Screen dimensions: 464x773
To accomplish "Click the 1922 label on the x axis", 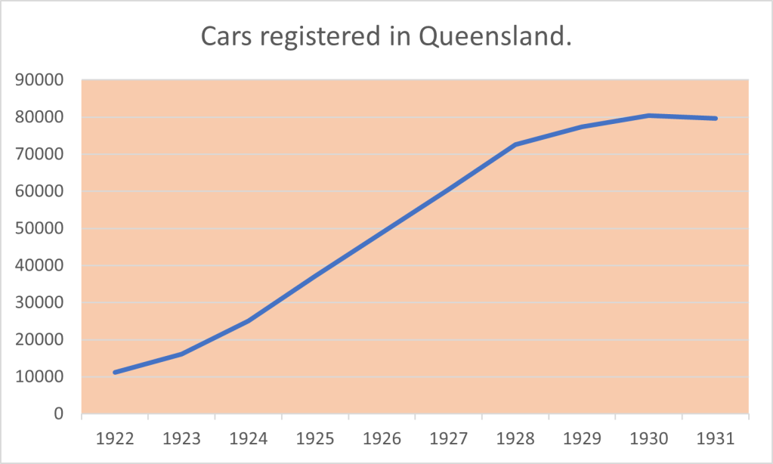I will point(115,438).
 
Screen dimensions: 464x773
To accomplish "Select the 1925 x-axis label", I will point(315,438).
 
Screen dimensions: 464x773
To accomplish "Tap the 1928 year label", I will point(515,438).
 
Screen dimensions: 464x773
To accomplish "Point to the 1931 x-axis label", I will point(716,438).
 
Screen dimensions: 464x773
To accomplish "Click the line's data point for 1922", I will point(115,373).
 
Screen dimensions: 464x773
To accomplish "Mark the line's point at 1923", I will point(181,354).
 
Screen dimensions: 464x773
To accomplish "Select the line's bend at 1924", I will point(249,320).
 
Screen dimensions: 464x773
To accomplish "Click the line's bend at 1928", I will point(515,144).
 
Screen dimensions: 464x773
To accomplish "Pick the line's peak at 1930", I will point(649,116).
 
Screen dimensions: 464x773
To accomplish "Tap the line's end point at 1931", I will point(716,119).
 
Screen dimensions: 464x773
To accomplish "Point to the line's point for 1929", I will point(582,127).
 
